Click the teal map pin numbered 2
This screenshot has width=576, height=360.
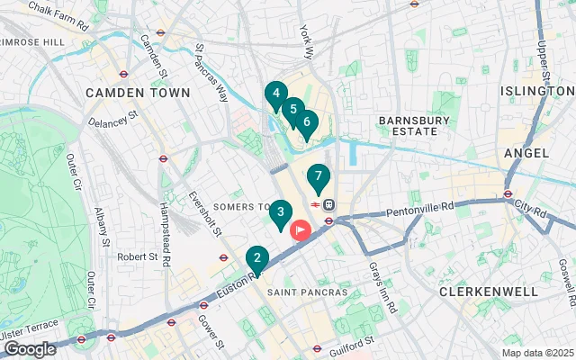pyautogui.click(x=257, y=260)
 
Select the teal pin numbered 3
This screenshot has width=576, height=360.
pyautogui.click(x=281, y=213)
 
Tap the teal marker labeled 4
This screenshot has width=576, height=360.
pyautogui.click(x=275, y=93)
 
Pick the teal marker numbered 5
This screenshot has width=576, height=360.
pyautogui.click(x=292, y=109)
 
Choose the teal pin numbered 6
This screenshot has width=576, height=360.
pyautogui.click(x=306, y=122)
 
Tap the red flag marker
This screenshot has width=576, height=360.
pyautogui.click(x=299, y=229)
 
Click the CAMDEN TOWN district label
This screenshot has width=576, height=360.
pyautogui.click(x=138, y=93)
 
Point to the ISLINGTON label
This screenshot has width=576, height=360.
pyautogui.click(x=537, y=91)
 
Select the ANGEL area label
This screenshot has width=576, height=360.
pyautogui.click(x=526, y=153)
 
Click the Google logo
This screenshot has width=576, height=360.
pyautogui.click(x=30, y=349)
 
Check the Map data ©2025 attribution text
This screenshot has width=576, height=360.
pyautogui.click(x=536, y=353)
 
